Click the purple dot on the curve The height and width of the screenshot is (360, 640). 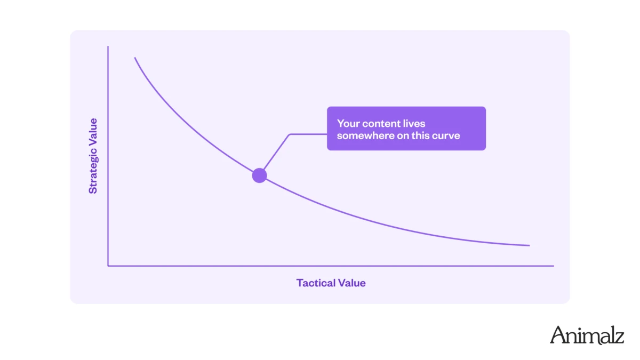(259, 175)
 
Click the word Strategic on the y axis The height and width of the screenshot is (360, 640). (93, 169)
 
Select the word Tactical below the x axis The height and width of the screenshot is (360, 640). (316, 283)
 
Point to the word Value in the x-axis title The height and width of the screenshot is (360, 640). (351, 283)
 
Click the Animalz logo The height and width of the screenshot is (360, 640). (587, 335)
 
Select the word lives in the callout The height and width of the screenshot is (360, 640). (414, 124)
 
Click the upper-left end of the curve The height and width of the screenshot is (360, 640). (135, 58)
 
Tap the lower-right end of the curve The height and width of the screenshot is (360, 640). (530, 245)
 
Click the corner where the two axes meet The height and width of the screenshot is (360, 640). (108, 266)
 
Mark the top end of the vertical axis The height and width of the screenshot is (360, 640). (108, 46)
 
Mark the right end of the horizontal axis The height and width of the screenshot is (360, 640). (554, 266)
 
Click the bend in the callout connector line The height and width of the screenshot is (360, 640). (290, 134)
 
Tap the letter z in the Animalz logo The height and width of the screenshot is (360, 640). (619, 338)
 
